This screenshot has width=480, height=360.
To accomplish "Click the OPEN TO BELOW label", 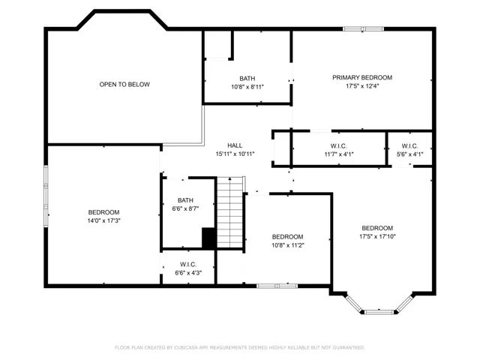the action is [124, 85].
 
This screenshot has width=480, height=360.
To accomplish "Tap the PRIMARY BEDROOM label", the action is [362, 77].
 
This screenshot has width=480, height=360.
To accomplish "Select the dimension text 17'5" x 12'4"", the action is [362, 86].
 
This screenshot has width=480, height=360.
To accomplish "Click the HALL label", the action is [235, 145].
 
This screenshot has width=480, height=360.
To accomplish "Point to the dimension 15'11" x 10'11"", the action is [235, 154].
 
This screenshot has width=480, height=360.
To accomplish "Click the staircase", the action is [230, 212].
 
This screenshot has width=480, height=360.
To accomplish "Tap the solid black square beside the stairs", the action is [208, 238].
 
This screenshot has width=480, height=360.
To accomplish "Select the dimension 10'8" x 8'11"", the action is [247, 87].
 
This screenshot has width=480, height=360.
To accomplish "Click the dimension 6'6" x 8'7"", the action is [185, 208].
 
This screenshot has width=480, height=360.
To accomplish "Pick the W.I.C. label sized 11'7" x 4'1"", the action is [338, 146].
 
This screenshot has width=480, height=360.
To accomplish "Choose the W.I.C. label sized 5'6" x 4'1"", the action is [409, 146].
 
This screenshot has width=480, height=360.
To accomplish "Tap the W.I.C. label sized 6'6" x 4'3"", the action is [188, 265].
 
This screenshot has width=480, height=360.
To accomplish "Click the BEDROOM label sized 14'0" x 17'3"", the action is [103, 212].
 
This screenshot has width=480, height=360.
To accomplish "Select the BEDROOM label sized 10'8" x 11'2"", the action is [287, 237].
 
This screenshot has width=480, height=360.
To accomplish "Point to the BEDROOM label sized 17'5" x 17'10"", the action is [377, 228].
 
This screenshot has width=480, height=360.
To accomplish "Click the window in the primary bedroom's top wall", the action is [363, 29].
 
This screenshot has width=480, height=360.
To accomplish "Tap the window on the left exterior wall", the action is [46, 196].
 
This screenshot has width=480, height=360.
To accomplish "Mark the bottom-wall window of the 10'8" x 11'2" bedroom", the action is [277, 286].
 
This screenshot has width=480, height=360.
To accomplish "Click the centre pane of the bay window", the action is [379, 312].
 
